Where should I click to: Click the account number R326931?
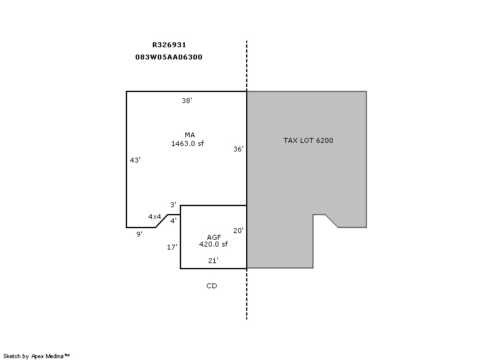pyautogui.click(x=169, y=45)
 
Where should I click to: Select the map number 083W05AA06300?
pyautogui.click(x=169, y=57)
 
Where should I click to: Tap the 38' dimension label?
pyautogui.click(x=187, y=101)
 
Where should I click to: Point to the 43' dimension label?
pyautogui.click(x=135, y=160)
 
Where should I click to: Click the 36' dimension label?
pyautogui.click(x=238, y=149)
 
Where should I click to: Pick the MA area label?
pyautogui.click(x=190, y=135)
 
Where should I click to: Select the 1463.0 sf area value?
pyautogui.click(x=187, y=144)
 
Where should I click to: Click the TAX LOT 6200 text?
pyautogui.click(x=308, y=140)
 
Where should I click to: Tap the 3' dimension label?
pyautogui.click(x=173, y=205)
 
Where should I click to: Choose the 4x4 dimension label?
pyautogui.click(x=155, y=216)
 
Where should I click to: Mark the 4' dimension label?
pyautogui.click(x=174, y=221)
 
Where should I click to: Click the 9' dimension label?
pyautogui.click(x=139, y=234)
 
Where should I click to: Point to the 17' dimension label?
pyautogui.click(x=172, y=247)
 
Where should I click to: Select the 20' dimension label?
pyautogui.click(x=238, y=231)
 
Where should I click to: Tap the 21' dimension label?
pyautogui.click(x=213, y=261)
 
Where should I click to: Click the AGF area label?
pyautogui.click(x=214, y=237)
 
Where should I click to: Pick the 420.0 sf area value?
pyautogui.click(x=213, y=244)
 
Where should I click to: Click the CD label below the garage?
pyautogui.click(x=212, y=286)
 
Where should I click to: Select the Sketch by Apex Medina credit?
pyautogui.click(x=36, y=356)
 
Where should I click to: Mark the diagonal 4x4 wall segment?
pyautogui.click(x=161, y=221)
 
